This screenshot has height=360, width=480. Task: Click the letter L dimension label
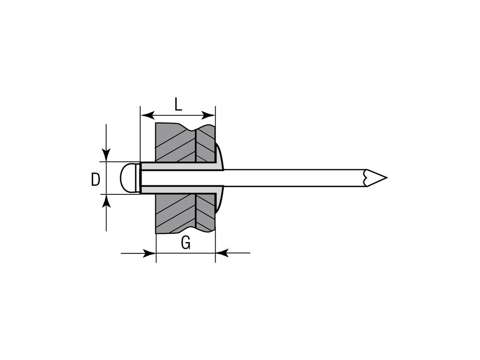point(178,105)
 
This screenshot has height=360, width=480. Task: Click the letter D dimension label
point(96,180)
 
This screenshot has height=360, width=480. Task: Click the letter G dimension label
point(185,243)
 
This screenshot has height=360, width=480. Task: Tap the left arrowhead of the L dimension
point(147,115)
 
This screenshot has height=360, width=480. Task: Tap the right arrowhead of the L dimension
point(209,115)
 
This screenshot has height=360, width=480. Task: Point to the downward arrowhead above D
point(106,155)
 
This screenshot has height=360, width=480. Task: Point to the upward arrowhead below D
point(106,201)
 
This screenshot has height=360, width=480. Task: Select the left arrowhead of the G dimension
point(150,253)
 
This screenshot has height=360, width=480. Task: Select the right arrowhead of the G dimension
point(222,253)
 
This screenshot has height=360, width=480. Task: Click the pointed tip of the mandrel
point(387,178)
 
